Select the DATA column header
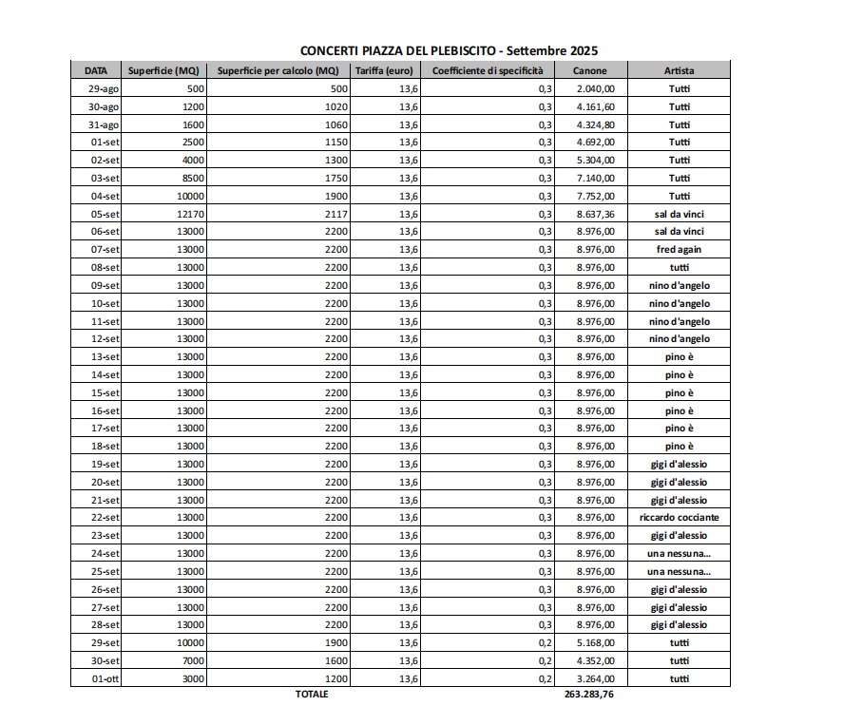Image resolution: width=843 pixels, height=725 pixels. (x=96, y=70)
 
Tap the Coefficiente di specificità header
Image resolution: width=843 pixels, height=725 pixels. (x=488, y=70)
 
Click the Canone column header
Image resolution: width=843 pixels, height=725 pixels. (x=589, y=70)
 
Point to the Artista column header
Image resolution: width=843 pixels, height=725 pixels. (x=679, y=70)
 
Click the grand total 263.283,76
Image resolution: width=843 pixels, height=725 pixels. (x=589, y=695)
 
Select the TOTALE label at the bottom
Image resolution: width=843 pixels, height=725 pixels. (x=312, y=695)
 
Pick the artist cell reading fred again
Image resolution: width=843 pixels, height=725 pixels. (x=679, y=249)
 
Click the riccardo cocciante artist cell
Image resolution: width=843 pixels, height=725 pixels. (x=679, y=517)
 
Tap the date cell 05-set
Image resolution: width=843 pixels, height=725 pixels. (x=105, y=214)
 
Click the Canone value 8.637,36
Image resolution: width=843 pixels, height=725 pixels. (x=596, y=214)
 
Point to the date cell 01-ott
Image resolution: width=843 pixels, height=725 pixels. (x=105, y=677)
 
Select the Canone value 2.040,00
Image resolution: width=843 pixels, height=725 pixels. (x=596, y=88)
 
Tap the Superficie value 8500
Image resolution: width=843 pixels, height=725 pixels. (x=191, y=178)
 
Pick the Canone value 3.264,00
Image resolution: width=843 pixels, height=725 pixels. (x=596, y=677)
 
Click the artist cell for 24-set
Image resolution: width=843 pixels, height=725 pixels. (x=679, y=553)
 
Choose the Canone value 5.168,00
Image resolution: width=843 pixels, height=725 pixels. (x=596, y=642)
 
